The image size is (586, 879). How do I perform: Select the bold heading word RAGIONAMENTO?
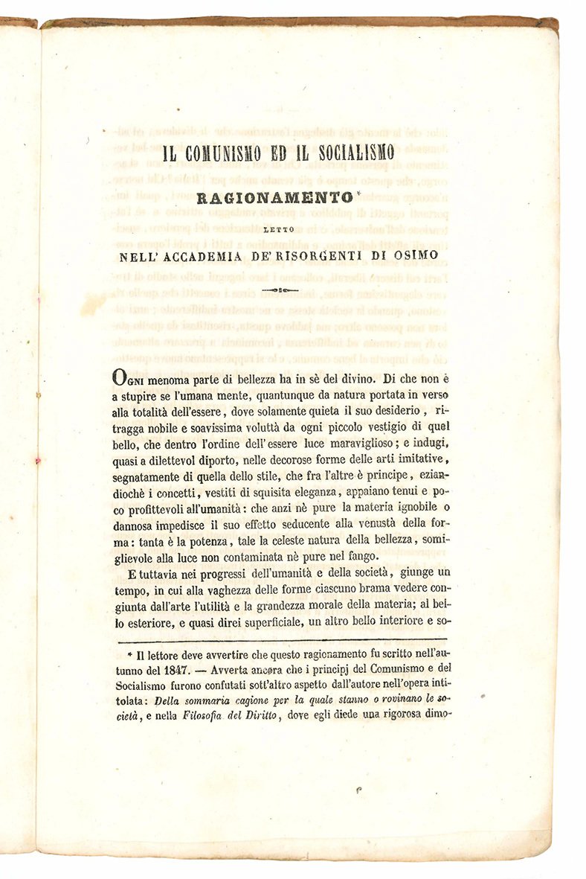(273, 199)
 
